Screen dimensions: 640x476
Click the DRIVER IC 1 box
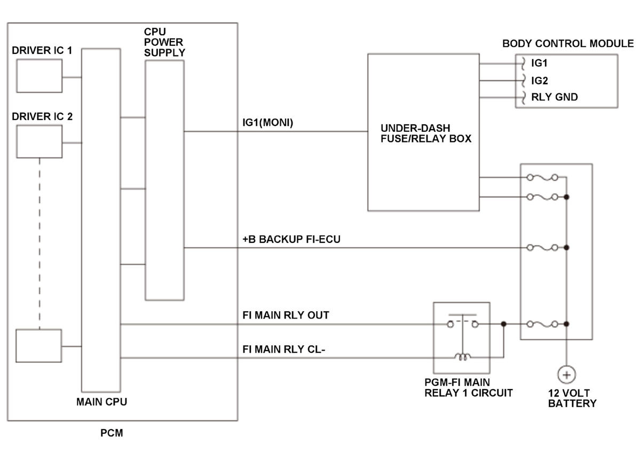coord(39,76)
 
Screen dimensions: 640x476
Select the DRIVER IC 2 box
coord(39,141)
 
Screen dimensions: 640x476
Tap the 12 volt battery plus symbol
coord(566,375)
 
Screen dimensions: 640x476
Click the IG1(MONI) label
coord(268,122)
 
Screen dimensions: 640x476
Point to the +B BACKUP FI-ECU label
coord(291,239)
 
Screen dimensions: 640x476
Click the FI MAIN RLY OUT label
coord(286,315)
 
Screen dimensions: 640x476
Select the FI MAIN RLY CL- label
coord(283,349)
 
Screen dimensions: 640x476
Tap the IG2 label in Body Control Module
coord(539,81)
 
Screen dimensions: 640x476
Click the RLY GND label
coord(554,97)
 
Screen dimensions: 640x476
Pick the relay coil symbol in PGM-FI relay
coord(462,358)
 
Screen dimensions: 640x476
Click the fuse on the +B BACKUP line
coord(542,247)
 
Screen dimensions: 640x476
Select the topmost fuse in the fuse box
coord(542,177)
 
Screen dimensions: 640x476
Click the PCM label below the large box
coord(112,433)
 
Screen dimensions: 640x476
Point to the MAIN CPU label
coord(101,402)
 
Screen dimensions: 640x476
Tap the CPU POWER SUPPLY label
coord(164,42)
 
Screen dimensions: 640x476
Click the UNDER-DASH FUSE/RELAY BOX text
coord(426,133)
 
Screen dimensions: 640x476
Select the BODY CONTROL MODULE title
coord(568,43)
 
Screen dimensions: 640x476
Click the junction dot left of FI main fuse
coord(504,324)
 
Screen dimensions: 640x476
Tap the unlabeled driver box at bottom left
coord(39,346)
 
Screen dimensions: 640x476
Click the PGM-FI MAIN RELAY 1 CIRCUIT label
coord(469,387)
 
